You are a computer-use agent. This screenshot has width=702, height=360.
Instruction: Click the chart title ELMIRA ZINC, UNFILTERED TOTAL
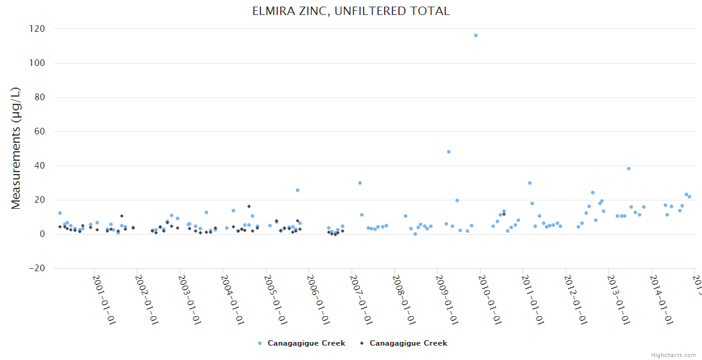coord(351,11)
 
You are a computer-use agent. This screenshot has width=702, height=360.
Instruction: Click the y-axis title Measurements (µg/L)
coord(16,148)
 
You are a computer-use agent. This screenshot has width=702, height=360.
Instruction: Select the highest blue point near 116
coord(476,35)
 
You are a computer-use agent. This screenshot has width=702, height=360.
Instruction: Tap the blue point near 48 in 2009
coord(449,152)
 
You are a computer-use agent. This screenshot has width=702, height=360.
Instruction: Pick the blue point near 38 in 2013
coord(629,169)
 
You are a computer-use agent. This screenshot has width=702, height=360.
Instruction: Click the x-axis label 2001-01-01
coord(104,299)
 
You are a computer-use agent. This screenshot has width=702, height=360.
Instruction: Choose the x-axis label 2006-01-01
coord(319,299)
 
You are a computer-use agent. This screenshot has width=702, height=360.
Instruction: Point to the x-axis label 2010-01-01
coord(490,299)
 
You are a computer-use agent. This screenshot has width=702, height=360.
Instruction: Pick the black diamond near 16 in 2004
coord(249,206)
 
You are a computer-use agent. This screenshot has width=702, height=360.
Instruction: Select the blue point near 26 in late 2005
coord(298,190)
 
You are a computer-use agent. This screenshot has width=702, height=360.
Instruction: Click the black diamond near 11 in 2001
coord(122,216)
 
